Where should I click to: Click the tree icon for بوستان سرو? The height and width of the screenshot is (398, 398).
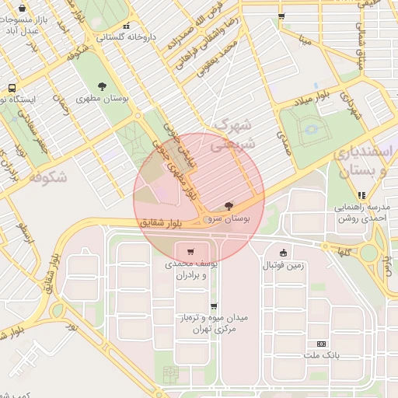(228, 207)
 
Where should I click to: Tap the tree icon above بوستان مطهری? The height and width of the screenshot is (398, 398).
(103, 86)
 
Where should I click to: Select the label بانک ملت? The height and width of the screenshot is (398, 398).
(321, 355)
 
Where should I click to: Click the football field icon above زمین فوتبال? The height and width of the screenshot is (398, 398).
(282, 252)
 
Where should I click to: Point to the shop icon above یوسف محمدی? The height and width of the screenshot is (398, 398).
(190, 252)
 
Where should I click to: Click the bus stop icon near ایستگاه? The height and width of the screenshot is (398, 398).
(12, 88)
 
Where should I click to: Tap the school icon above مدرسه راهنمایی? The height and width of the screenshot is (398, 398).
(361, 195)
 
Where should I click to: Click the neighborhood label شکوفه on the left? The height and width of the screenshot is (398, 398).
(47, 177)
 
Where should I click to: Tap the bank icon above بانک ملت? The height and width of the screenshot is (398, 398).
(321, 344)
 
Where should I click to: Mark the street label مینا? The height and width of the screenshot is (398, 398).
(308, 37)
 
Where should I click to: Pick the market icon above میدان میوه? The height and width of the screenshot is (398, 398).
(214, 306)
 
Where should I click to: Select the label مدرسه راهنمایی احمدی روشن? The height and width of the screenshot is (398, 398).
(361, 213)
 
